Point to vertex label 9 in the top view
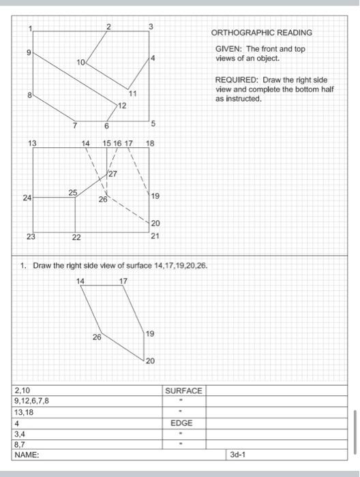click(29, 52)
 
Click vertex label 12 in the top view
click(122, 106)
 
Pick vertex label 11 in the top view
click(132, 93)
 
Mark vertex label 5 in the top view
click(153, 123)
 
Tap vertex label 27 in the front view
click(112, 174)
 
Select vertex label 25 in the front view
click(72, 192)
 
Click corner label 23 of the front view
click(31, 236)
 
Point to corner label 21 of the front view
click(155, 236)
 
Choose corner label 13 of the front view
click(32, 143)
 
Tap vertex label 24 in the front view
click(27, 198)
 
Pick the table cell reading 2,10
click(22, 390)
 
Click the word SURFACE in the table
click(183, 390)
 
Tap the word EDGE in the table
click(181, 423)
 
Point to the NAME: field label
click(27, 452)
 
